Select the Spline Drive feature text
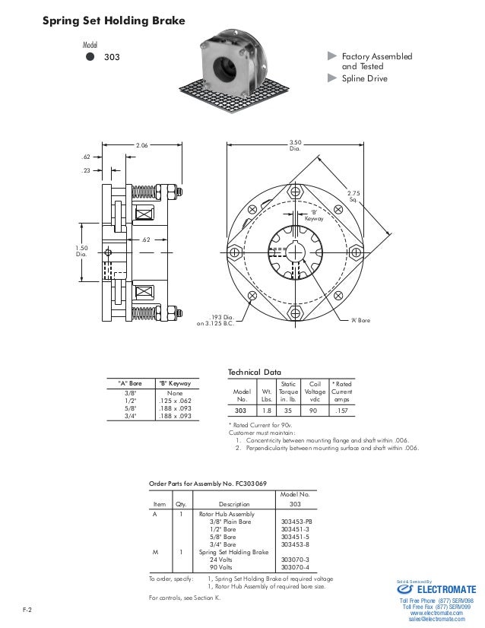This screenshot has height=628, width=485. [364, 78]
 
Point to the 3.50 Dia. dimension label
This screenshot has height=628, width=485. [295, 145]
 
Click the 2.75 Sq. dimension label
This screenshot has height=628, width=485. [353, 196]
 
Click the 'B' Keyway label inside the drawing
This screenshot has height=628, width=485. [314, 215]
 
